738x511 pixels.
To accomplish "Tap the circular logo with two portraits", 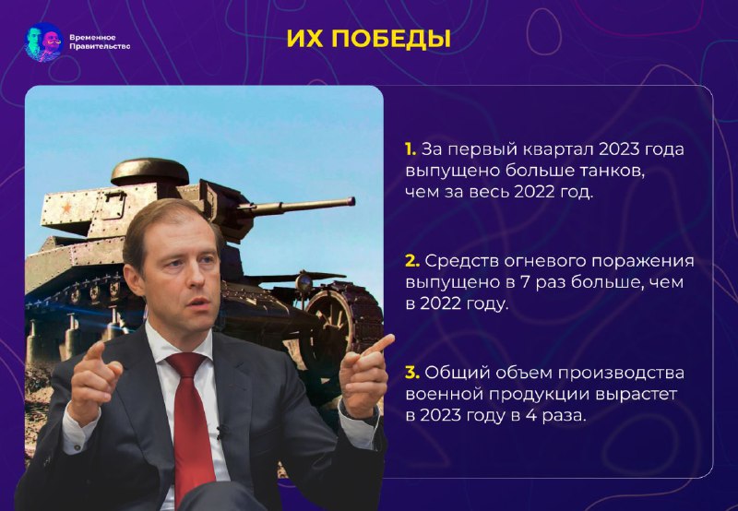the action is pos(44,42).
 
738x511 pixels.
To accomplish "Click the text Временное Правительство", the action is pos(100,42).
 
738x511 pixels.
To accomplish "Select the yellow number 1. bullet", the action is pos(411,149).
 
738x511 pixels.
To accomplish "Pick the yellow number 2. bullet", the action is pos(412,261).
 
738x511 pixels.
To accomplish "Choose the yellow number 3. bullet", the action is pos(412,373).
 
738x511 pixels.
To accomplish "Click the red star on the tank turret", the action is pos(66,207).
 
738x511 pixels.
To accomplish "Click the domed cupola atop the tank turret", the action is pos(149,171).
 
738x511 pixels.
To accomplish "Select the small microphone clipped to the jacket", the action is pos(220,432).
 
